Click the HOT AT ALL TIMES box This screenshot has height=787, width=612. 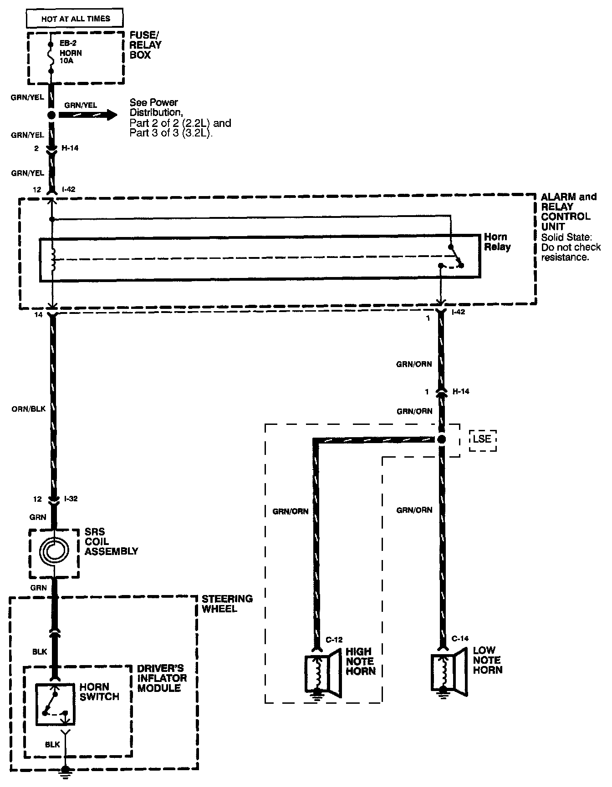[75, 19]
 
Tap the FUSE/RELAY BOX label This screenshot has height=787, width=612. [146, 45]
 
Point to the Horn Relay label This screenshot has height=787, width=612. [497, 242]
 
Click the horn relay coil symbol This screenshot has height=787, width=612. [53, 260]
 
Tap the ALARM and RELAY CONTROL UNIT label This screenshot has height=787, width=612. [568, 212]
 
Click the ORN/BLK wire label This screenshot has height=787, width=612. [29, 409]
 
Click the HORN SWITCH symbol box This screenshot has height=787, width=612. [55, 704]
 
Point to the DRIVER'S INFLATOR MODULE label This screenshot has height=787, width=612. [162, 678]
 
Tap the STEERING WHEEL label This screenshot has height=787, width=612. [227, 603]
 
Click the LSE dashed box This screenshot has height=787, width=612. [482, 439]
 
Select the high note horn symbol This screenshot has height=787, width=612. [323, 675]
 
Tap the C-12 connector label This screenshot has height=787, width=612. [334, 640]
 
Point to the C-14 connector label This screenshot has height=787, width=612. [460, 639]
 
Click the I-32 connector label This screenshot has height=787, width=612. [71, 499]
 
